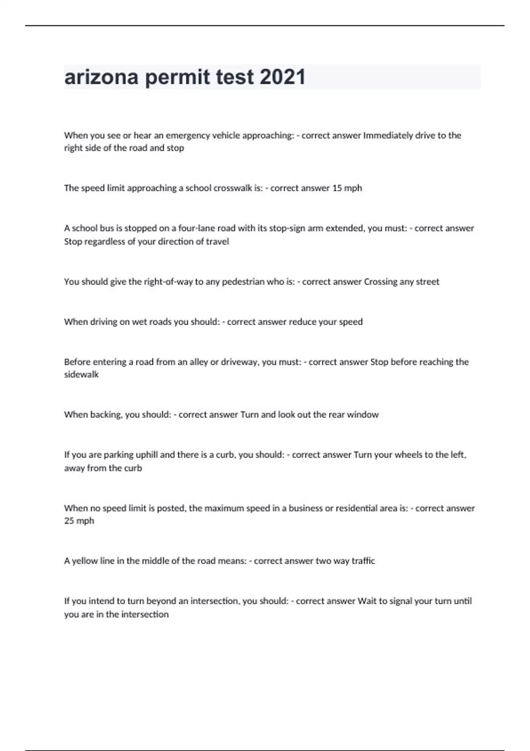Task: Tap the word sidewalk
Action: [x=81, y=375]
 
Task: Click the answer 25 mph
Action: [x=79, y=521]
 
